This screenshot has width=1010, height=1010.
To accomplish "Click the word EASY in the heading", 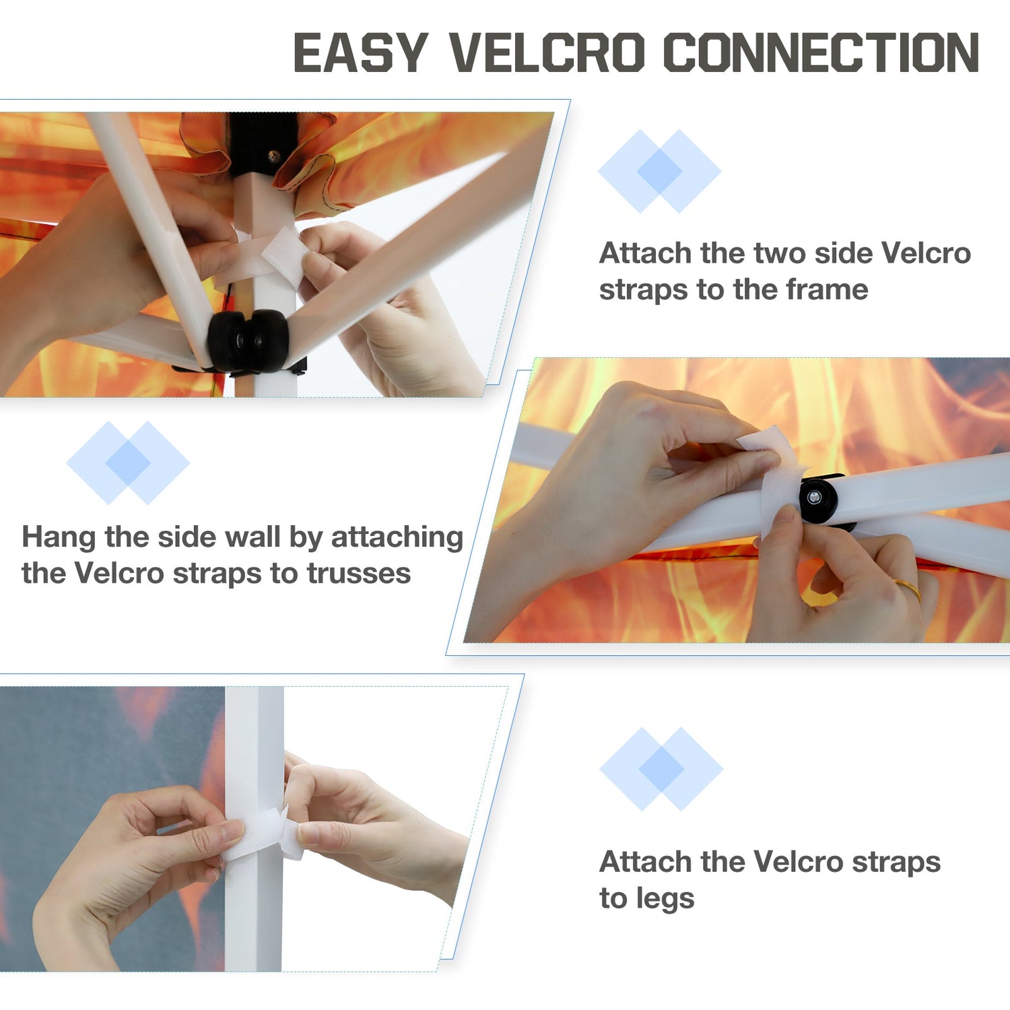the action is [361, 53].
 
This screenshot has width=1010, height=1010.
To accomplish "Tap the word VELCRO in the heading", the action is [547, 53].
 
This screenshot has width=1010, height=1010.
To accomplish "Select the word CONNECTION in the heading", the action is [821, 53].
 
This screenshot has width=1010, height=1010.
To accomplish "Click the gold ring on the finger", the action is [908, 589].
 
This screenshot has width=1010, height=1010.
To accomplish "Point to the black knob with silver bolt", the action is [819, 499].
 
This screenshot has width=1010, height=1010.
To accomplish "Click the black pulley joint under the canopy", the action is [248, 341].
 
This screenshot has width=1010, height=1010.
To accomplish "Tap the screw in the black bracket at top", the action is [274, 157].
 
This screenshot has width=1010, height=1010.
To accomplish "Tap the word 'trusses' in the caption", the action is [359, 574].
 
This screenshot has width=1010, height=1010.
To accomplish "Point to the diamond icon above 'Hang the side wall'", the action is [128, 463].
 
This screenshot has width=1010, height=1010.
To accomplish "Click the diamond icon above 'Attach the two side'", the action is [660, 171].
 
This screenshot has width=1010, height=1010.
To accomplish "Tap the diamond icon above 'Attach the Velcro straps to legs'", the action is [661, 769].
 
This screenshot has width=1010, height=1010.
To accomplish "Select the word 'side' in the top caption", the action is [844, 254].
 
